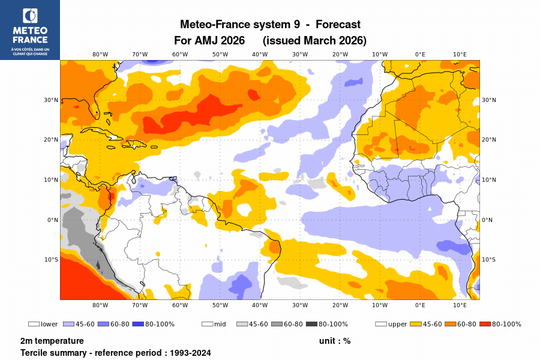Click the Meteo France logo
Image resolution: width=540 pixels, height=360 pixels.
click(x=29, y=30)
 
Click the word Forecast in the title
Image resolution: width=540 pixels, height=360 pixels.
click(x=338, y=25)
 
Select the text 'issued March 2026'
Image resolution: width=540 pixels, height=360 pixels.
click(x=314, y=41)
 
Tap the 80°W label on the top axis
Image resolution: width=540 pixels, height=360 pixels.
click(x=100, y=54)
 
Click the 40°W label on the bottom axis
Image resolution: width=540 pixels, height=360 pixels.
click(x=260, y=305)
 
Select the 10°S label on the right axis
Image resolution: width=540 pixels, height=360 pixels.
click(x=489, y=260)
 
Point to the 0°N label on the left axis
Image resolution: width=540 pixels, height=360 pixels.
click(x=53, y=220)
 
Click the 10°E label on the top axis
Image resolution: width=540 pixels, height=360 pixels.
click(x=460, y=54)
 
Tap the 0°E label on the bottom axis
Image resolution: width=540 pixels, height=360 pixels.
click(x=420, y=305)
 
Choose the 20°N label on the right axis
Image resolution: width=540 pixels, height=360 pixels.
click(x=489, y=140)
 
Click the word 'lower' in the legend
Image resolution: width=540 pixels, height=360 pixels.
click(x=49, y=325)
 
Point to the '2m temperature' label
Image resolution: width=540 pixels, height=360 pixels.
click(x=52, y=341)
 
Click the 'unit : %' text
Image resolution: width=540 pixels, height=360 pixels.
click(x=335, y=341)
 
